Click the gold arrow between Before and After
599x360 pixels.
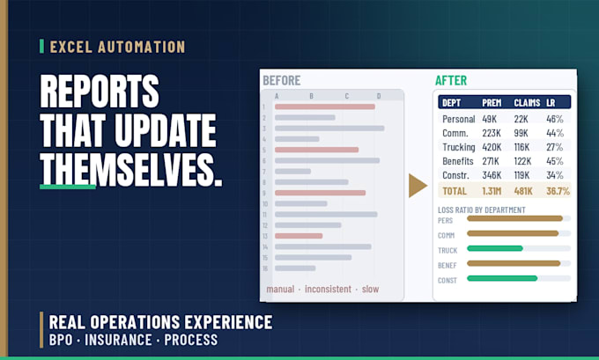pyautogui.click(x=417, y=186)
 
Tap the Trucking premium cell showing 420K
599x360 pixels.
pyautogui.click(x=492, y=147)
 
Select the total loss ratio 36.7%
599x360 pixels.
pyautogui.click(x=558, y=191)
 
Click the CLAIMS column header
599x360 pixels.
pyautogui.click(x=527, y=103)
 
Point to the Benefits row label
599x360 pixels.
pyautogui.click(x=458, y=161)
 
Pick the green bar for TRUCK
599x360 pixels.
pyautogui.click(x=495, y=248)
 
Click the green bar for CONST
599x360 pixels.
pyautogui.click(x=502, y=278)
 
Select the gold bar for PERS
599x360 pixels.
pyautogui.click(x=514, y=218)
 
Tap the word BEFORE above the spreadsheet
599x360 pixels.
pyautogui.click(x=282, y=81)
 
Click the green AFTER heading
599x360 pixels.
pyautogui.click(x=451, y=81)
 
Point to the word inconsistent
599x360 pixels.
pyautogui.click(x=328, y=289)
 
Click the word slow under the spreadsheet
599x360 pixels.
pyautogui.click(x=370, y=289)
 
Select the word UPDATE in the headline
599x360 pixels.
pyautogui.click(x=166, y=130)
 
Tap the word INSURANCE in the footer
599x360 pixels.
pyautogui.click(x=118, y=340)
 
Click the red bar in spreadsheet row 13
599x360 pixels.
pyautogui.click(x=299, y=236)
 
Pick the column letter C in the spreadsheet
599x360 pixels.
pyautogui.click(x=346, y=96)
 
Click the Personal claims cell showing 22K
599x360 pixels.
pyautogui.click(x=521, y=119)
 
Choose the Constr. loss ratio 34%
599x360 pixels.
pyautogui.click(x=555, y=175)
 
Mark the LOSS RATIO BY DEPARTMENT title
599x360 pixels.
pyautogui.click(x=481, y=210)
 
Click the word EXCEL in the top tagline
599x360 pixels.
pyautogui.click(x=71, y=47)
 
